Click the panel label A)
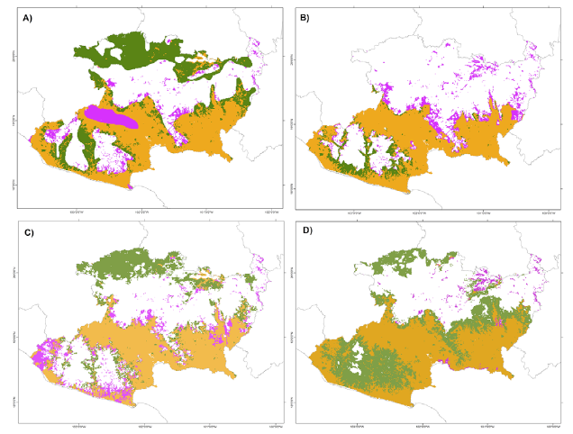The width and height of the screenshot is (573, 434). [15, 13]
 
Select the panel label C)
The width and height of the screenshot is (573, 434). [15, 232]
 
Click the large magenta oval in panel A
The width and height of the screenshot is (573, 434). [112, 116]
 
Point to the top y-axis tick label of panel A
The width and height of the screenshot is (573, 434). [13, 56]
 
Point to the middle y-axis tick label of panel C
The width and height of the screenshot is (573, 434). [13, 336]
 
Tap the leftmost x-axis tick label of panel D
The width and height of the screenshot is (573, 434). [356, 422]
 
